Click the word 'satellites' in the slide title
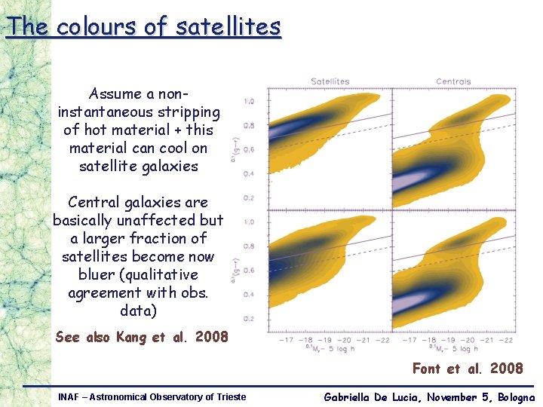point(228,27)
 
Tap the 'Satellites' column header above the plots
point(330,81)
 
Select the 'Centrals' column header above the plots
point(453,81)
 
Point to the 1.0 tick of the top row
point(248,101)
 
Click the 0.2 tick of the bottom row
point(248,319)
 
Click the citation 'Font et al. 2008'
point(467,369)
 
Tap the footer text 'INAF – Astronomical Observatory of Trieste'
point(152,396)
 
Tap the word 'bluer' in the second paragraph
point(98,274)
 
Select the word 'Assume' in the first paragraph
point(115,94)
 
